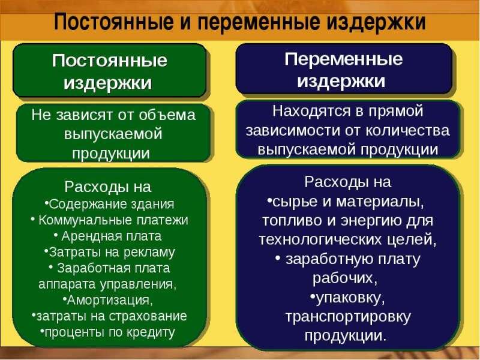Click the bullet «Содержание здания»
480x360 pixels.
click(x=110, y=203)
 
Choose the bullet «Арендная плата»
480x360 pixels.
click(x=111, y=236)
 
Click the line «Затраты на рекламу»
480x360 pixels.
click(x=110, y=252)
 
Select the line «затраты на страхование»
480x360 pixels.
click(x=110, y=315)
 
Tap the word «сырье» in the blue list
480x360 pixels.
click(x=292, y=200)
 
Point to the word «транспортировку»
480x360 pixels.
click(x=347, y=316)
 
